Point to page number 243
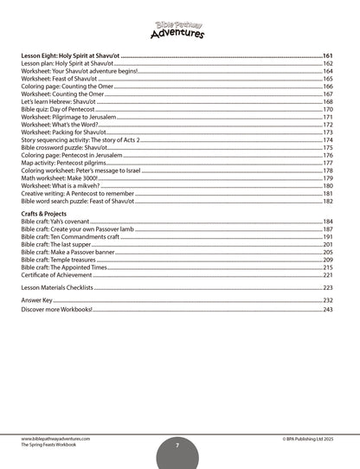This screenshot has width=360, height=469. [328, 309]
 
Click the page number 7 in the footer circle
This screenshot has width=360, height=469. [177, 444]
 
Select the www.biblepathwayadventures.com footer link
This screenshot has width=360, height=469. [57, 437]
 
